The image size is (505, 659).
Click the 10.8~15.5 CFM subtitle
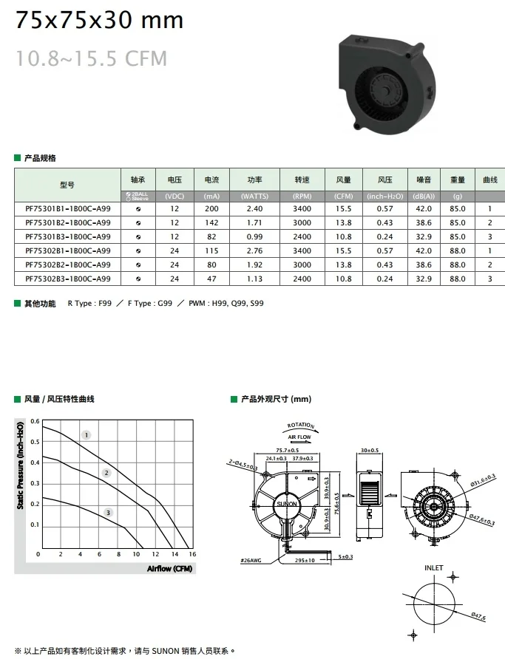click(92, 58)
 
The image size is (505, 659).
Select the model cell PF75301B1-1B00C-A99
click(67, 209)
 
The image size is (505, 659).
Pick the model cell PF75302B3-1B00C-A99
click(67, 279)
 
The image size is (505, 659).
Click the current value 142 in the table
click(212, 223)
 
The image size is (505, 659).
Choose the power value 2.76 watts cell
click(254, 251)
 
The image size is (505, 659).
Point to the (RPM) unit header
click(302, 196)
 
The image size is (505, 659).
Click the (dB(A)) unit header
click(423, 196)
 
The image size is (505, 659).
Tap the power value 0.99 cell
click(254, 237)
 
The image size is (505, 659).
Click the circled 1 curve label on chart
click(86, 435)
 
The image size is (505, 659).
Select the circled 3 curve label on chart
click(109, 512)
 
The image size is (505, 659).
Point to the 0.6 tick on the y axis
click(33, 422)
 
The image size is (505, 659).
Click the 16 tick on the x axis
click(192, 554)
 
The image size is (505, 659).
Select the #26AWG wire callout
click(251, 560)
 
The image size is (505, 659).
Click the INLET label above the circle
click(434, 567)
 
